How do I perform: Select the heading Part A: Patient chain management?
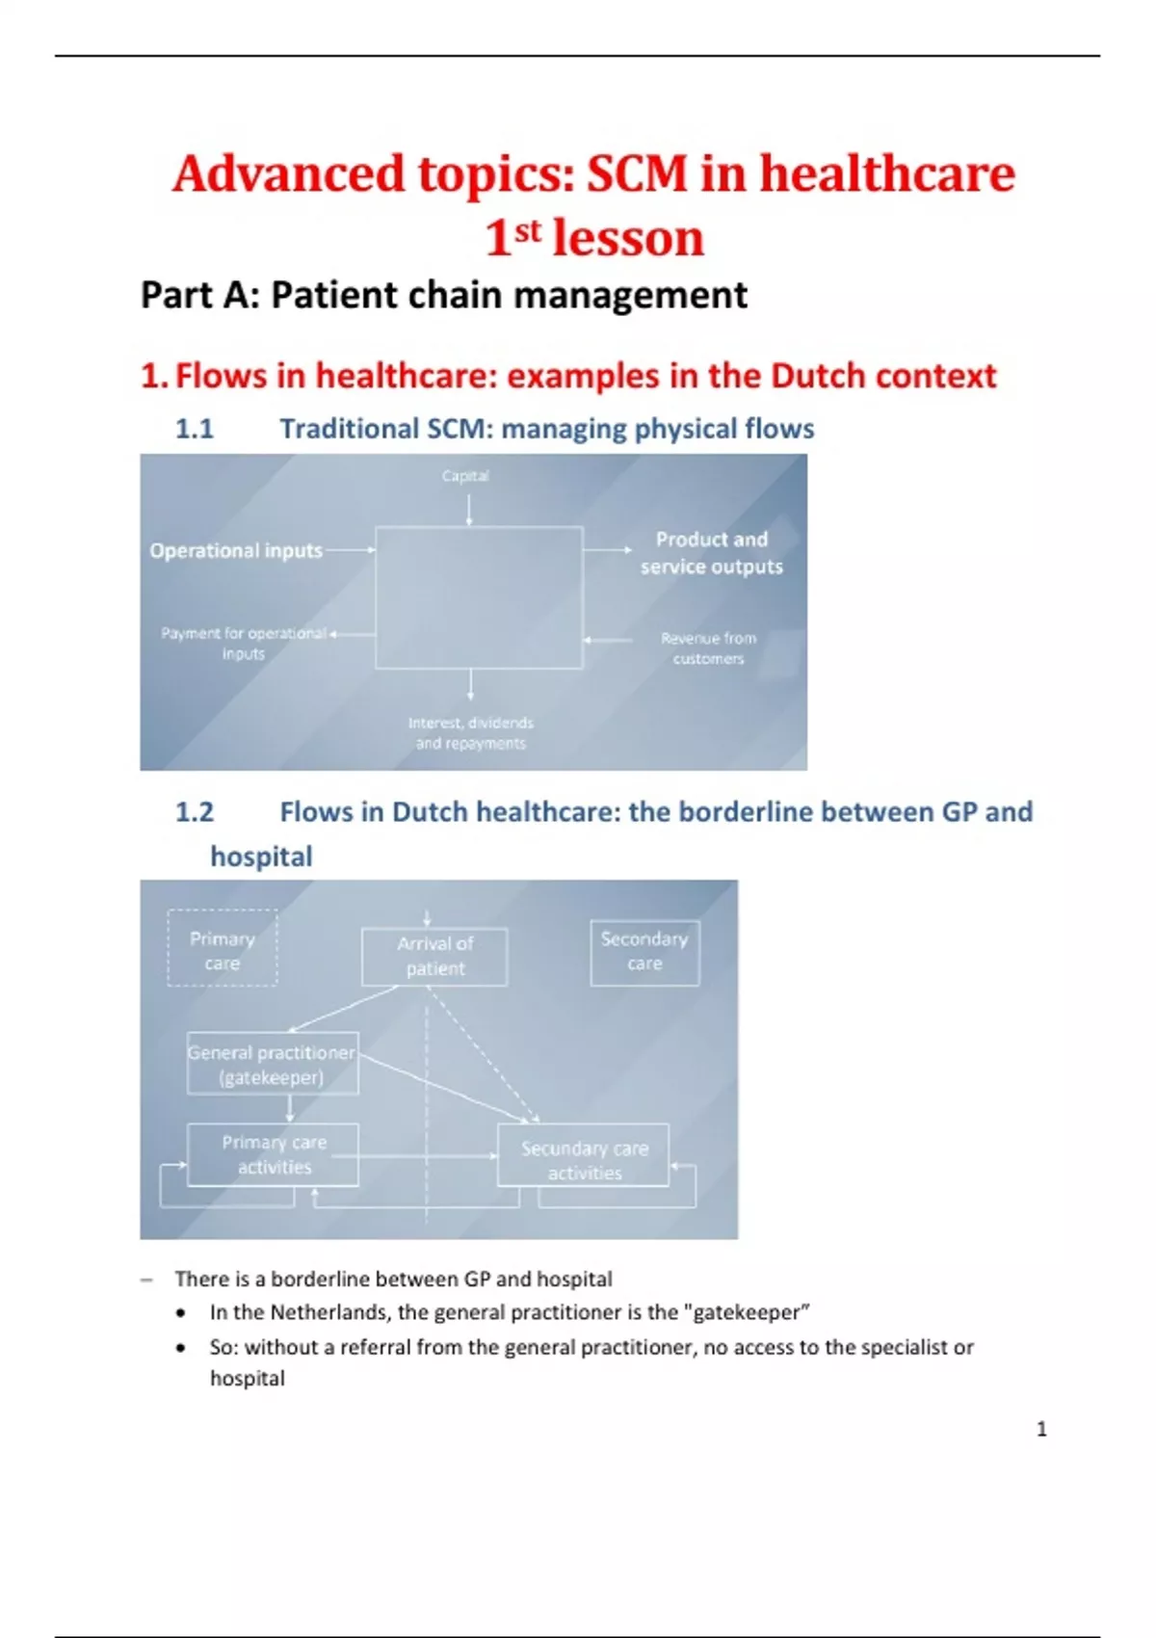[444, 295]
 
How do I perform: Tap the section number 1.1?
[194, 429]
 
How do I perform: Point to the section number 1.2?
[194, 812]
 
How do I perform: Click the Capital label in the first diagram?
[465, 476]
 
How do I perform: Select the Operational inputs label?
[236, 550]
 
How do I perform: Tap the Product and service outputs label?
[712, 553]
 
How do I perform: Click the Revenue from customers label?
[708, 648]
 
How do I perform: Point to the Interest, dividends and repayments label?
[470, 733]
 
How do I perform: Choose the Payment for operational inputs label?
[244, 643]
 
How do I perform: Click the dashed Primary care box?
[223, 949]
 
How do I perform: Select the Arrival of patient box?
[434, 956]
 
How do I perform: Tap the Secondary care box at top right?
[644, 951]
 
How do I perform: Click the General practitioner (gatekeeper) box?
[273, 1065]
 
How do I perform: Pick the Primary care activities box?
[274, 1154]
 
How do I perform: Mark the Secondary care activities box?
[584, 1160]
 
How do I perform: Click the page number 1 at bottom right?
[1041, 1429]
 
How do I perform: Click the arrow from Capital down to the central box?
[469, 510]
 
